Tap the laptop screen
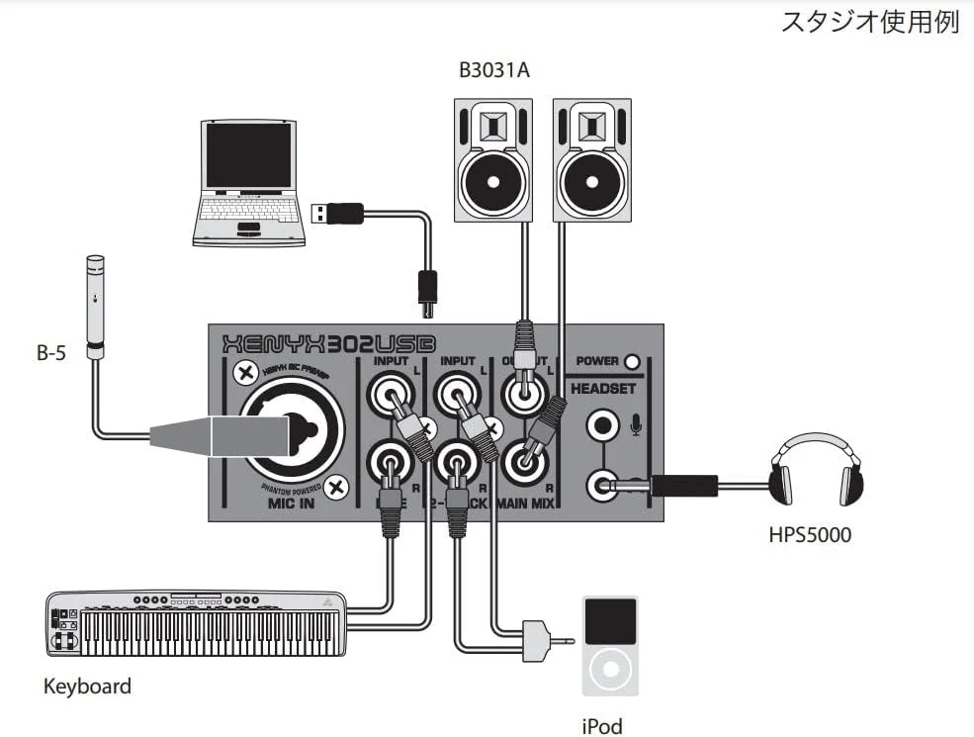248,155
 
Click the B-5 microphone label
51,353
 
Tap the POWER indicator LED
632,361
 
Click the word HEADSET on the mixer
604,389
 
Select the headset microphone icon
636,426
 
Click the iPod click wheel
610,670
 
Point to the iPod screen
610,619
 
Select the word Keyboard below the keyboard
87,686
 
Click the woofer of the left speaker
492,184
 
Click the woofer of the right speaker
591,184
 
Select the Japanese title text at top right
870,23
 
